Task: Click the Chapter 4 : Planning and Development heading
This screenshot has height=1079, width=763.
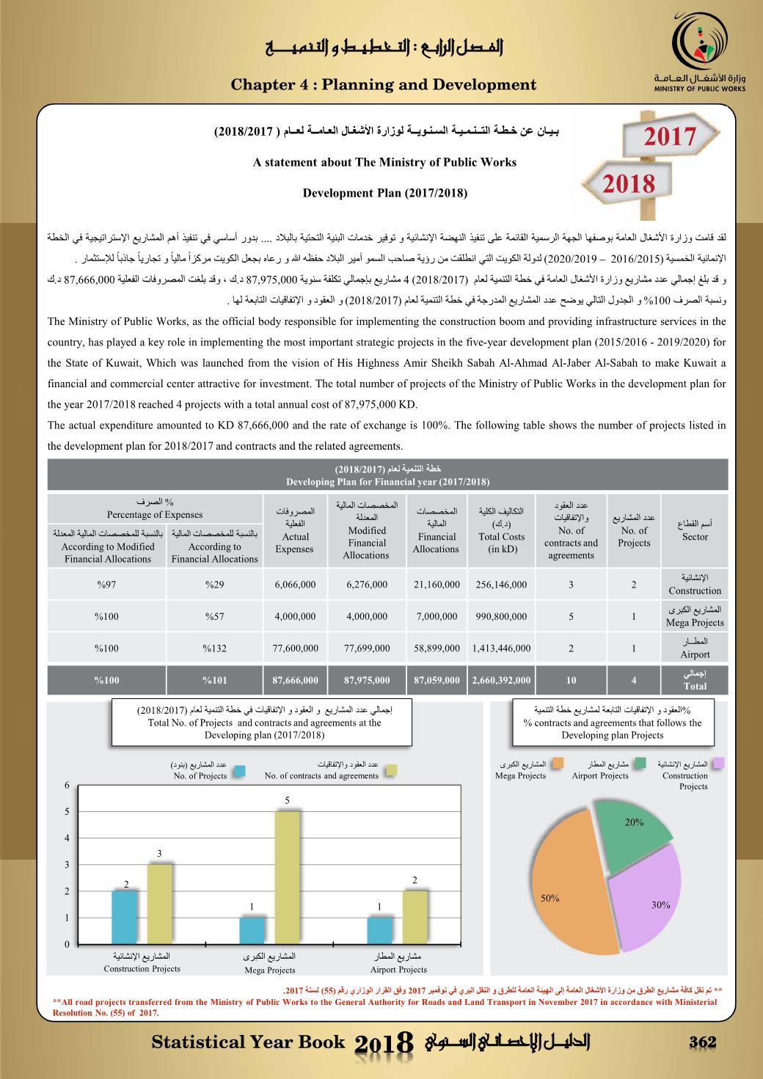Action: pyautogui.click(x=384, y=85)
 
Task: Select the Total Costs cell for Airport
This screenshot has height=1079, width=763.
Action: pyautogui.click(x=502, y=648)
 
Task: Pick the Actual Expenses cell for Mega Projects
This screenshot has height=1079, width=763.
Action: pyautogui.click(x=295, y=617)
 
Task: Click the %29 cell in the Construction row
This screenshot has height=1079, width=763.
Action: pyautogui.click(x=214, y=585)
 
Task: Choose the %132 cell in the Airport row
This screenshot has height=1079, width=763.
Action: pyautogui.click(x=214, y=648)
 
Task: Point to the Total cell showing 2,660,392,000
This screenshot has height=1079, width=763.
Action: pyautogui.click(x=502, y=681)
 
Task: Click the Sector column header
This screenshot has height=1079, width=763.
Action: pyautogui.click(x=695, y=537)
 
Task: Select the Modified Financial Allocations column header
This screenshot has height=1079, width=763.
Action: pyautogui.click(x=367, y=537)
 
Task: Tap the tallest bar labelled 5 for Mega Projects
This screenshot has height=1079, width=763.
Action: pyautogui.click(x=287, y=877)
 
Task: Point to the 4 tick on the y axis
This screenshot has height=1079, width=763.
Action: pyautogui.click(x=67, y=838)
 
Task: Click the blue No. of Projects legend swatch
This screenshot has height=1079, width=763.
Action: pyautogui.click(x=238, y=770)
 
